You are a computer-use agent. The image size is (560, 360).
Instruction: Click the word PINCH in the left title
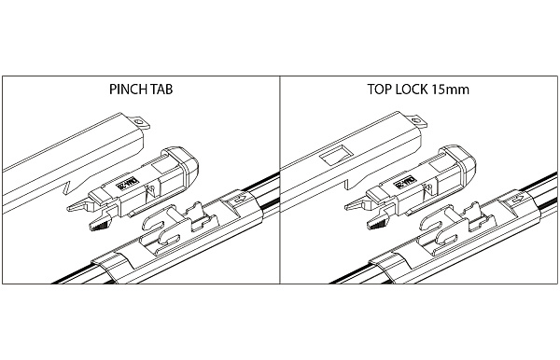(125, 91)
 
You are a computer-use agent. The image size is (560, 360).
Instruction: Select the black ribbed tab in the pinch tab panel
(98, 224)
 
